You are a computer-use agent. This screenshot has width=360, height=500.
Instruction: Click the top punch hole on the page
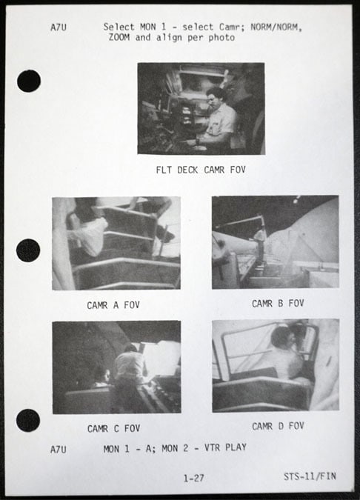29,81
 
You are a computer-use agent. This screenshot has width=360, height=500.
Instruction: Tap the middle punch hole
28,250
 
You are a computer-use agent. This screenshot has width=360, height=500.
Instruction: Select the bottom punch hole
28,420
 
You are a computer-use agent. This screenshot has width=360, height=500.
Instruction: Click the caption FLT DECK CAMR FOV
201,170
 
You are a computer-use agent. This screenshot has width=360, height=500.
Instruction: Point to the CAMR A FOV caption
113,305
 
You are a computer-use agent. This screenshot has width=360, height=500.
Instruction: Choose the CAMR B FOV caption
278,303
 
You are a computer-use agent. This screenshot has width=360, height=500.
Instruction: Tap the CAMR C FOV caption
113,429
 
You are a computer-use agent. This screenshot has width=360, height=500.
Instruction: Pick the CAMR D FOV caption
278,426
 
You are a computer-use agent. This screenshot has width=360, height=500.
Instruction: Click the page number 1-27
193,478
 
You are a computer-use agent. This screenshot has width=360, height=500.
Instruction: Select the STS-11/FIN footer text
310,476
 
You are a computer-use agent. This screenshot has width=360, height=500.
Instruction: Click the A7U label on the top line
59,27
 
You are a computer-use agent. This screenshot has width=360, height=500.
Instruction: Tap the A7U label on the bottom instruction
59,450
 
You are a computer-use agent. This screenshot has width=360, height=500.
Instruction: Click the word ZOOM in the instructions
119,37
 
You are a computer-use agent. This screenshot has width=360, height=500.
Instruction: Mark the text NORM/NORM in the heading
276,27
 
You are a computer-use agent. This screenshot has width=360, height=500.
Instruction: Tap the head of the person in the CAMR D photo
281,338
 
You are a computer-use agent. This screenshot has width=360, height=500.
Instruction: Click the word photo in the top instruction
221,38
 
